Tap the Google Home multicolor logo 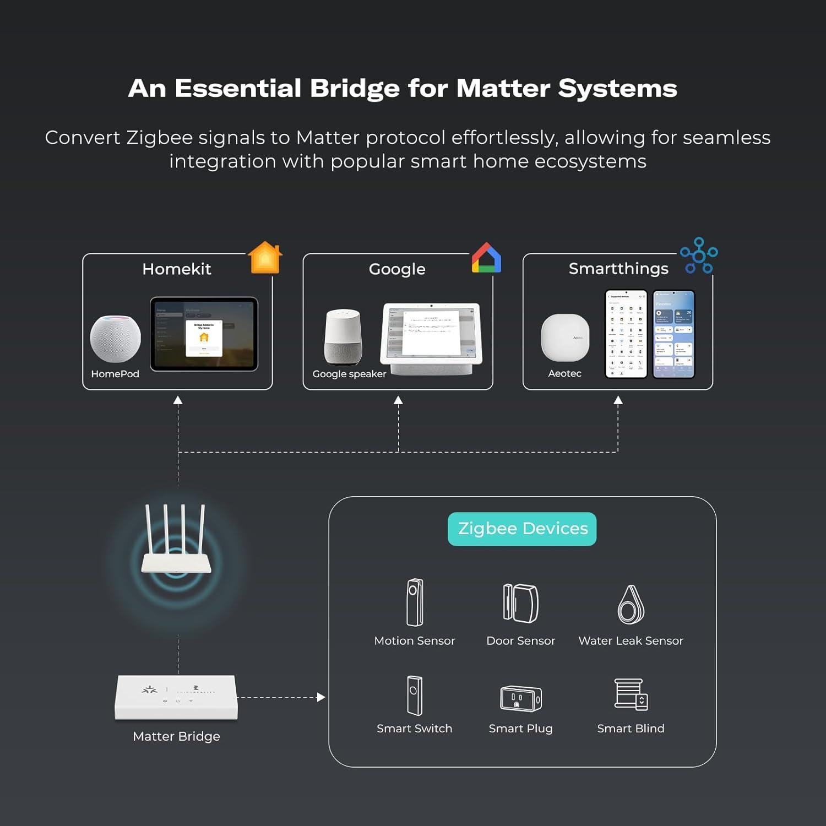[486, 258]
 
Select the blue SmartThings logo [699, 256]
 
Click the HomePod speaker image [115, 339]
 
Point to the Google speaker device [343, 336]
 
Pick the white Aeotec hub [565, 338]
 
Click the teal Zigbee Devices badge [522, 529]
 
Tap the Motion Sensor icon [415, 602]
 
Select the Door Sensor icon [520, 603]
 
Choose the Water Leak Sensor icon [631, 605]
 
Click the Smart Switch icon [415, 695]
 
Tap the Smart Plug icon [520, 698]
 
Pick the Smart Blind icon [631, 694]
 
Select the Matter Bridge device [176, 697]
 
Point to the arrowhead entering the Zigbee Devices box [322, 697]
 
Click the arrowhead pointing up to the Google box [398, 401]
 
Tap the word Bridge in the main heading [355, 88]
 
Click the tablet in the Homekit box [204, 334]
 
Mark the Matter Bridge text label [176, 736]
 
